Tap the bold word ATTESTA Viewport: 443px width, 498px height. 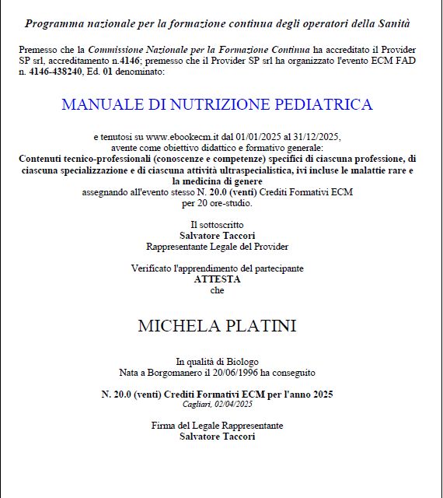click(217, 279)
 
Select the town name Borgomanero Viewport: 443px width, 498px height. click(173, 372)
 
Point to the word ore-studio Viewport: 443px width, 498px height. click(230, 203)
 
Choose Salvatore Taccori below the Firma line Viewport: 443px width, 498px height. click(217, 437)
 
